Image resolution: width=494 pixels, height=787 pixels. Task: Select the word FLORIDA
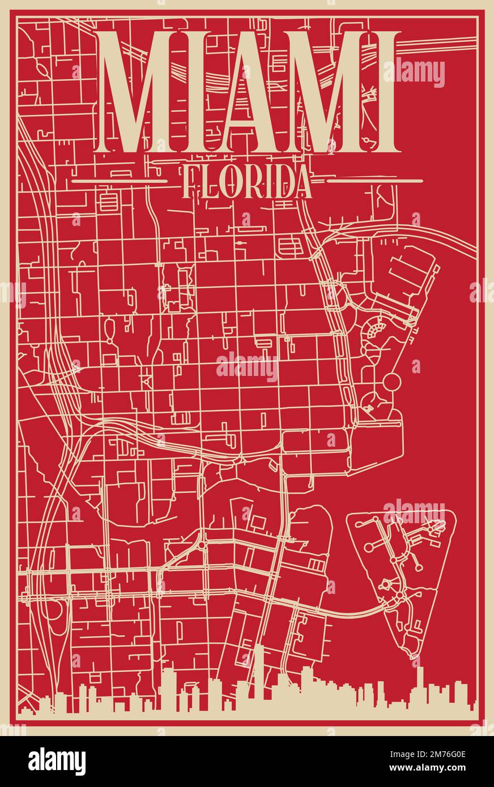point(248,182)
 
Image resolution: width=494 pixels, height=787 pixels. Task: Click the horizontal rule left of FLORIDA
point(120,181)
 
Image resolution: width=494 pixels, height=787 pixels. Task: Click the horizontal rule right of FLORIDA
point(375,181)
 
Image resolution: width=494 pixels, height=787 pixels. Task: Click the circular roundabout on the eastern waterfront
point(391,382)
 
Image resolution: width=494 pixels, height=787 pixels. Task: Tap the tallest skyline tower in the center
point(258,677)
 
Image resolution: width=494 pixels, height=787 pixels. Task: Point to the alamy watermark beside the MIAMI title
point(414,72)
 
